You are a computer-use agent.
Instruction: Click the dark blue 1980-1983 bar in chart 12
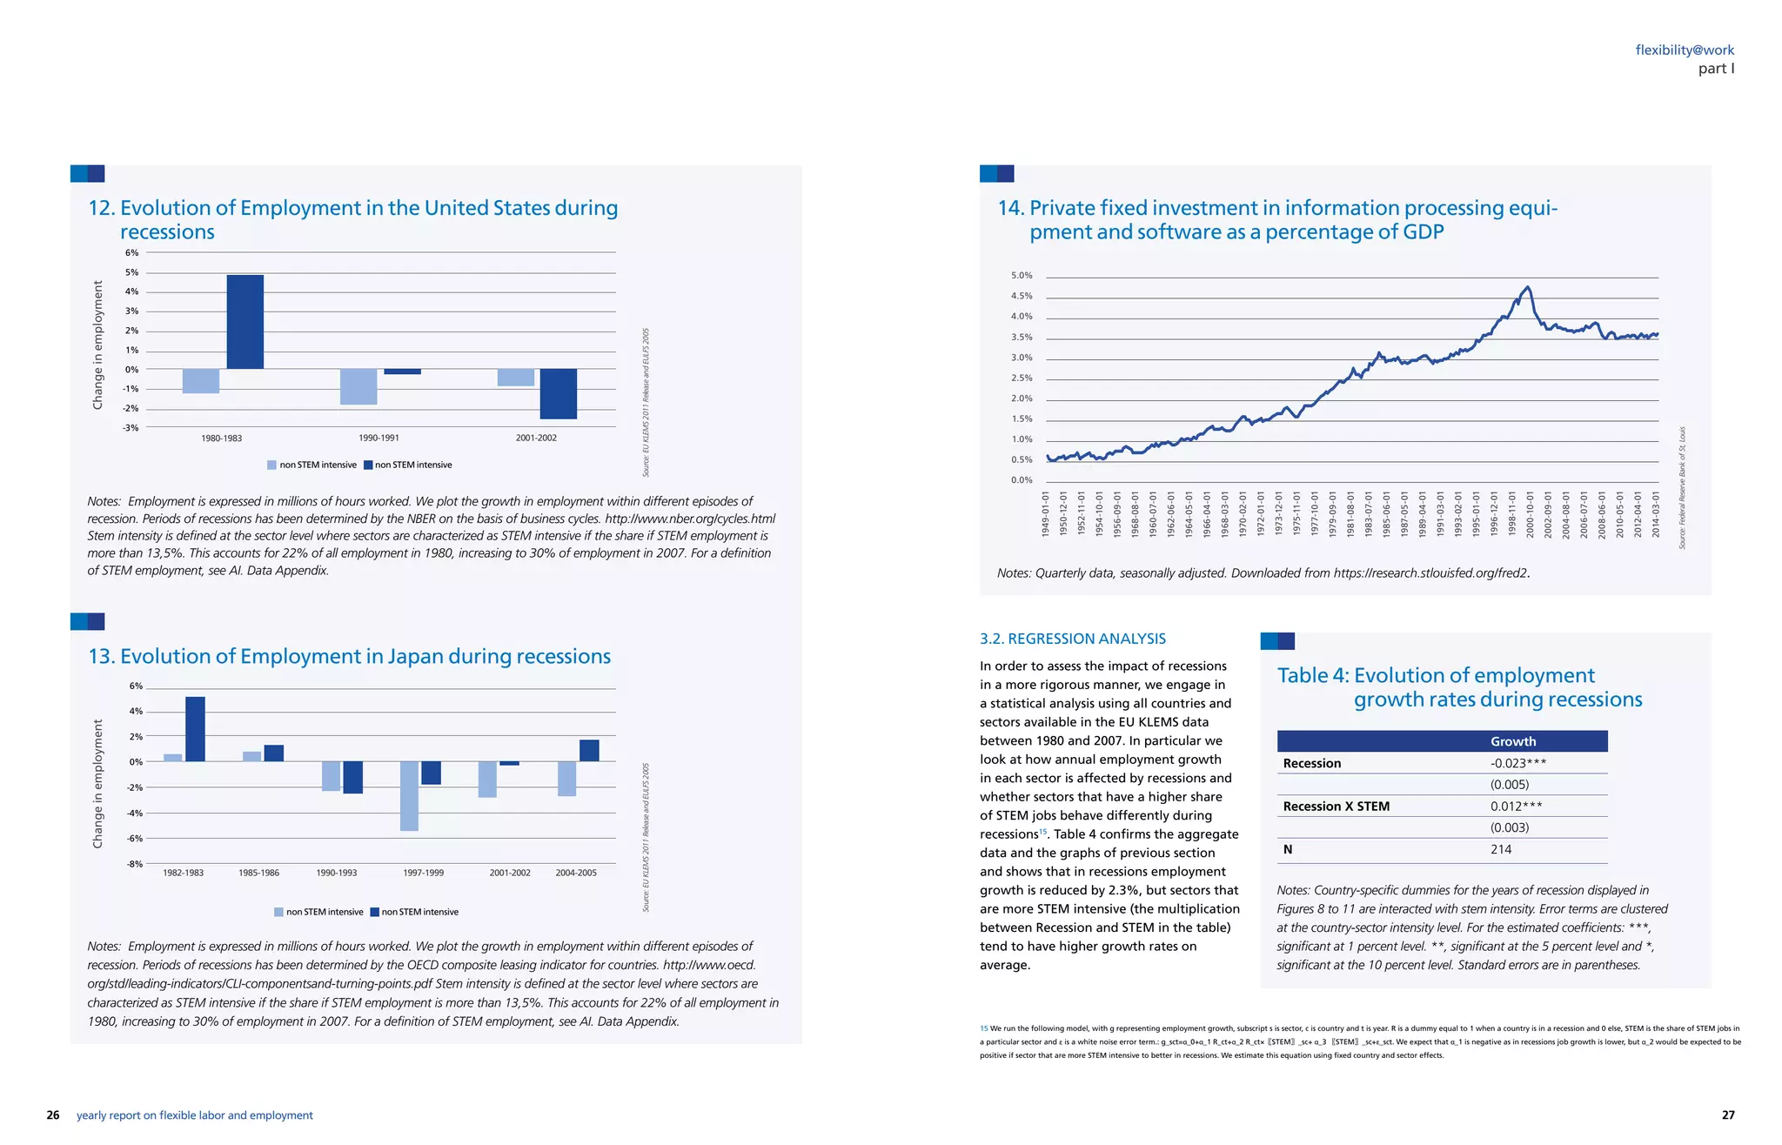pos(245,322)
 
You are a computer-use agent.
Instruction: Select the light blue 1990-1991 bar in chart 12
pos(358,386)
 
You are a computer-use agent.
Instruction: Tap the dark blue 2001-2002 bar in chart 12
pos(558,393)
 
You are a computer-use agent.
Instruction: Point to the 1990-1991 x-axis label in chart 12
pos(379,439)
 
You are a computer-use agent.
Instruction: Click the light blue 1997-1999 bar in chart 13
pos(409,795)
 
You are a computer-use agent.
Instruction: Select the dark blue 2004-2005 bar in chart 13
pos(589,751)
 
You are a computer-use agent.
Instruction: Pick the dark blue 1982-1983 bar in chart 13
pos(195,729)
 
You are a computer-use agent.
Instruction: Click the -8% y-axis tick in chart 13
pos(135,864)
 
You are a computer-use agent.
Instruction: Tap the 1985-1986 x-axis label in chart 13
pos(258,873)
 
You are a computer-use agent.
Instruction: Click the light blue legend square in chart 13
pos(278,912)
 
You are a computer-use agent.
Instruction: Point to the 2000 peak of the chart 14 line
pos(1528,288)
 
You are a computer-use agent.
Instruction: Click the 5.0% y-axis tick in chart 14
pos(1022,276)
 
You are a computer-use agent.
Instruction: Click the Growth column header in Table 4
pos(1512,741)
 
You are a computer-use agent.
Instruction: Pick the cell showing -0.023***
pos(1517,763)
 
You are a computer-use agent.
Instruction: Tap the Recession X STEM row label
pos(1336,807)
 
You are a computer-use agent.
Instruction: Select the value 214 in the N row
pos(1500,849)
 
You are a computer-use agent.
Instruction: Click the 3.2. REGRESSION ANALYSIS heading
pos(1072,639)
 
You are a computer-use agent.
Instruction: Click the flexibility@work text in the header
pos(1685,50)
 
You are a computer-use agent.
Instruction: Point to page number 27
pos(1728,1115)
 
